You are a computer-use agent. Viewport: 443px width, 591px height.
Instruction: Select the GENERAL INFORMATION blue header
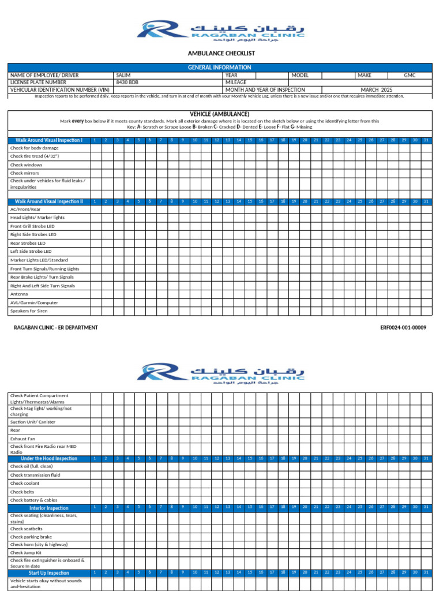point(220,68)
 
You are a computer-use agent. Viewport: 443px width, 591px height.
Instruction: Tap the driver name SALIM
point(123,76)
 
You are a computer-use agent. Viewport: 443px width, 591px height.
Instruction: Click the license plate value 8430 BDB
point(127,83)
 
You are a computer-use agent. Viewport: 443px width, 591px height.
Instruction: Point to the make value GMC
point(410,76)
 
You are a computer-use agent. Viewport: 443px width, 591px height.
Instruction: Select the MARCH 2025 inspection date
point(376,89)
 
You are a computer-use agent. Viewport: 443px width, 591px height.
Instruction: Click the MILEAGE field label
point(236,83)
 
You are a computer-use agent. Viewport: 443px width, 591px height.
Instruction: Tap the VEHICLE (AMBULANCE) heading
point(220,114)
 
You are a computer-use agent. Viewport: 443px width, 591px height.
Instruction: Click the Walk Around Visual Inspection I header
point(49,140)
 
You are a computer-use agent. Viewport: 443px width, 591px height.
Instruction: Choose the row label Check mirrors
point(25,173)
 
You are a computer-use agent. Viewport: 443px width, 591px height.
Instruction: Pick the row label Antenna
point(19,294)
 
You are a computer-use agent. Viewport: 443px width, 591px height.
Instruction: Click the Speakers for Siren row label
point(30,311)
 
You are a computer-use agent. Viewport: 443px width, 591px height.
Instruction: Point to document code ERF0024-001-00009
point(403,327)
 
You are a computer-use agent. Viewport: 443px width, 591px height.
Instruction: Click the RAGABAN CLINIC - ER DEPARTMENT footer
point(56,327)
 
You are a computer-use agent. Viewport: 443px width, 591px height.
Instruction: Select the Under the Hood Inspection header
point(49,458)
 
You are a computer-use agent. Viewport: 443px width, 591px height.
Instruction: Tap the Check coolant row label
point(25,483)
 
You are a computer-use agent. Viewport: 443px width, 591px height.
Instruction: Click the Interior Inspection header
point(49,508)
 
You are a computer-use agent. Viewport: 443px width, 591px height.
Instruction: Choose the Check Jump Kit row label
point(27,552)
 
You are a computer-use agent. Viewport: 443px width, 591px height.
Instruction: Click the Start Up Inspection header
point(49,573)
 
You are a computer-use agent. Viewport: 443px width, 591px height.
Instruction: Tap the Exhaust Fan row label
point(22,439)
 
